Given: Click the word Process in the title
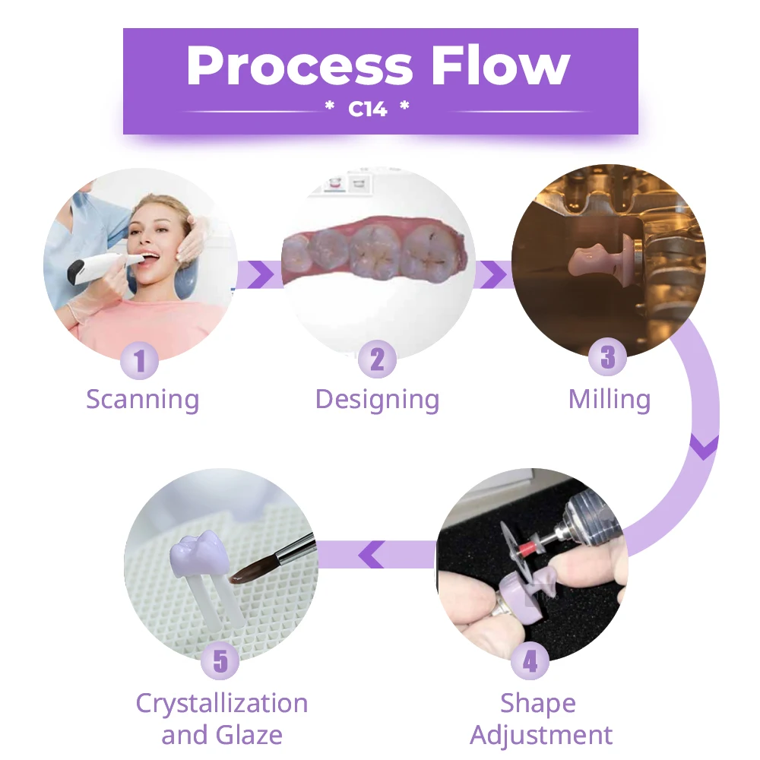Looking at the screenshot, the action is [299, 66].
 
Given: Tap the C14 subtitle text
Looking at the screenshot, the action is [367, 109].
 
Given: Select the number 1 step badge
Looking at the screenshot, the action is [140, 360].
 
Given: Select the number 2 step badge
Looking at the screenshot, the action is [377, 359].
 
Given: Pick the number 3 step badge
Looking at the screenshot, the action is [607, 357].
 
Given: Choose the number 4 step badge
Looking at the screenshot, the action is [530, 661].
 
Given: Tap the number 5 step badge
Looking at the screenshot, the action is [220, 660].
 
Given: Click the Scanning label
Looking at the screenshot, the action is [143, 400].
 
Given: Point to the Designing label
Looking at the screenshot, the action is [378, 400].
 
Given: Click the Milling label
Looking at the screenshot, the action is [610, 400].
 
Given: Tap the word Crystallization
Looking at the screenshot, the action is [222, 703].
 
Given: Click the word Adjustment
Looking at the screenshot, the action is [541, 735].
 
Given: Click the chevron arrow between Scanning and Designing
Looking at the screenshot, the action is [260, 274].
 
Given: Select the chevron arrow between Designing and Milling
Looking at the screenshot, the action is [493, 274].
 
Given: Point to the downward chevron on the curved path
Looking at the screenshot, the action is [704, 448].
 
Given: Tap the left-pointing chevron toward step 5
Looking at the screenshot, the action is [372, 555].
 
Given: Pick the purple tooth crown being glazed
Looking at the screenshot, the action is [200, 555].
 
